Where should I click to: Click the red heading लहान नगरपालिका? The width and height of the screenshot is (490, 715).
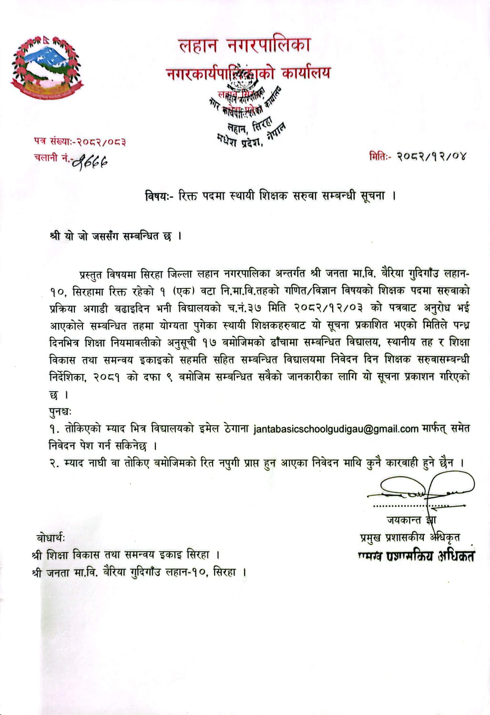pos(245,45)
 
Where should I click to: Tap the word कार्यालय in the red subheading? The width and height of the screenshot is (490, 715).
pos(306,73)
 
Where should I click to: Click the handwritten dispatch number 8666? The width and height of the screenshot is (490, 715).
pos(91,162)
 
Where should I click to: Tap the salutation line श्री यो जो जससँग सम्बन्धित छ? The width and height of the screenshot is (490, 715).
pos(115,236)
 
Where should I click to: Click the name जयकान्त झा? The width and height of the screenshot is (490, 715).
pos(411,520)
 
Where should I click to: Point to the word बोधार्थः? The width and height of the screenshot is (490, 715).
pos(51,538)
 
